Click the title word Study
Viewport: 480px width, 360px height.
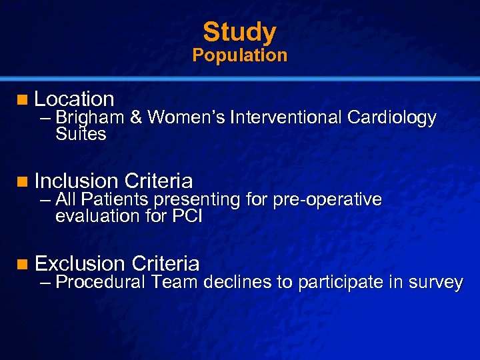tap(239, 31)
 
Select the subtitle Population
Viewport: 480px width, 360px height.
tap(239, 55)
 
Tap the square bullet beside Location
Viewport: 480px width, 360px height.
tap(24, 100)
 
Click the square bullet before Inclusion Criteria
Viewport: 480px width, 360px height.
tap(24, 181)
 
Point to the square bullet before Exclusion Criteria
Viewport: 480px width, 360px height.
tap(24, 264)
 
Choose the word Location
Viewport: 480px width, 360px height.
tap(74, 99)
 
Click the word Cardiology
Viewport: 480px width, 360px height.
tap(391, 119)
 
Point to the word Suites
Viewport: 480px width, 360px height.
tap(81, 134)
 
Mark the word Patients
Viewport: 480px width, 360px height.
tap(117, 200)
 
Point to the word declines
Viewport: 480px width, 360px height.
tap(239, 283)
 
